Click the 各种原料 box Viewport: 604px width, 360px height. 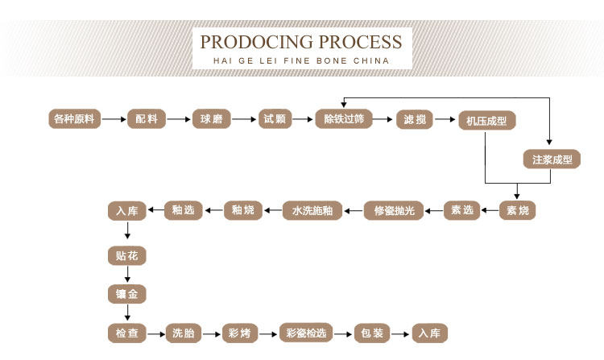(74, 119)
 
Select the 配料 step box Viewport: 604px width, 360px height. (147, 119)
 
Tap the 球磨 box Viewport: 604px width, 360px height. (211, 119)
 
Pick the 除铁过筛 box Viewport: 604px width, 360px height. (344, 119)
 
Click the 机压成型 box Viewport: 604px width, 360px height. (486, 121)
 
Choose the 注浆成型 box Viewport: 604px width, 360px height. (552, 159)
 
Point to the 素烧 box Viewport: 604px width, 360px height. (518, 211)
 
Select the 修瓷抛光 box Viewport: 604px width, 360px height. (394, 211)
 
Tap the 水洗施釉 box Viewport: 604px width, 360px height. (312, 211)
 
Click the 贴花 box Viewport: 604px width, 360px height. (127, 255)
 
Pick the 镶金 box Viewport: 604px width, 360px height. (127, 294)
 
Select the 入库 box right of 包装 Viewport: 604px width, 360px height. (429, 333)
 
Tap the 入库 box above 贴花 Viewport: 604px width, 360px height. (127, 211)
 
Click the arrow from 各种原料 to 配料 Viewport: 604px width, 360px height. (114, 119)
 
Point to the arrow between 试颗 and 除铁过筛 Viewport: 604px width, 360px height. (302, 119)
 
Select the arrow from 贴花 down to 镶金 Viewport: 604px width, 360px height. (127, 275)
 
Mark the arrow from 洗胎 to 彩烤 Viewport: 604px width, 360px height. (208, 333)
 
